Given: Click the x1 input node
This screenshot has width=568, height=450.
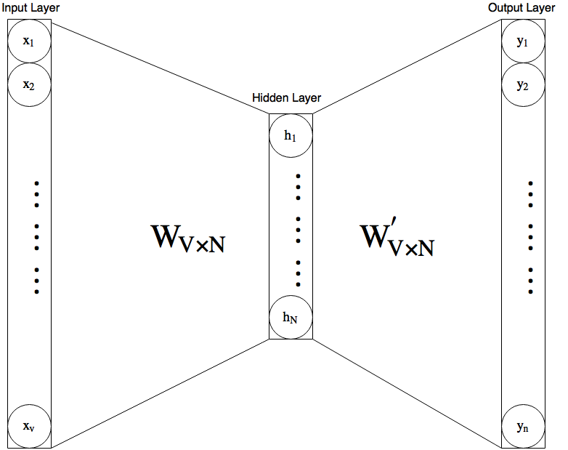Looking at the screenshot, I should pyautogui.click(x=29, y=41).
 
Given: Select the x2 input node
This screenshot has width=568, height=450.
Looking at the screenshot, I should pyautogui.click(x=29, y=84).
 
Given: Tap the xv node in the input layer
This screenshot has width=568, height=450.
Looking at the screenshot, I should pyautogui.click(x=29, y=425).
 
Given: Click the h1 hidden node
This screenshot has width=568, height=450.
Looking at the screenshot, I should pyautogui.click(x=291, y=135).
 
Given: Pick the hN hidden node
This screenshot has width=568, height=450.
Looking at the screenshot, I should pyautogui.click(x=291, y=316).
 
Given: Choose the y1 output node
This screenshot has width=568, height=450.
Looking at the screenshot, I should pyautogui.click(x=522, y=41).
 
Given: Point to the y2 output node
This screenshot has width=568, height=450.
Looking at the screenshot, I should pyautogui.click(x=522, y=84).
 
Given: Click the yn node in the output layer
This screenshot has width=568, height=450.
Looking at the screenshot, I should pyautogui.click(x=522, y=426).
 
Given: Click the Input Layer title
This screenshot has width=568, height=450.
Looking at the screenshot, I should pyautogui.click(x=31, y=7).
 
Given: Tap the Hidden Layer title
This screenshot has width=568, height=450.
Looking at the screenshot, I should pyautogui.click(x=286, y=98).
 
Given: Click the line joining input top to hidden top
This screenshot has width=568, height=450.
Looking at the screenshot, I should pyautogui.click(x=160, y=66).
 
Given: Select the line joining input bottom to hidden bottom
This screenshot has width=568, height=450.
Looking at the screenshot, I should pyautogui.click(x=160, y=393).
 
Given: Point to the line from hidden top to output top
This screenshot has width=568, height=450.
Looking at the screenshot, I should pyautogui.click(x=407, y=66).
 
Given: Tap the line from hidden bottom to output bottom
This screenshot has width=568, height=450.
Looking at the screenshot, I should pyautogui.click(x=407, y=393).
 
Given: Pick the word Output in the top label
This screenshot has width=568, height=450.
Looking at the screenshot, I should pyautogui.click(x=509, y=7).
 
